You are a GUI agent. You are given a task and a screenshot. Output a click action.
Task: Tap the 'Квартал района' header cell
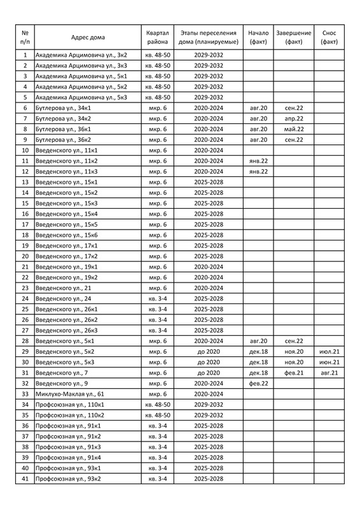pyautogui.click(x=156, y=36)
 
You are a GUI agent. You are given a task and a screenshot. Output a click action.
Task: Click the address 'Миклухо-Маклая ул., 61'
pyautogui.click(x=70, y=394)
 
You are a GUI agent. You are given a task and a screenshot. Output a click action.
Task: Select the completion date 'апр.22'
pyautogui.click(x=294, y=118)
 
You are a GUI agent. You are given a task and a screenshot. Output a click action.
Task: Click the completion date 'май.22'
pyautogui.click(x=294, y=129)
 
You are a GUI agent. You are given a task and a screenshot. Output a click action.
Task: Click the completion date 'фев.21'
pyautogui.click(x=294, y=372)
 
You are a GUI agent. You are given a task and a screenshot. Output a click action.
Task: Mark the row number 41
pyautogui.click(x=25, y=478)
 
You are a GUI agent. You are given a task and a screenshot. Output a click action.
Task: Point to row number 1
pyautogui.click(x=25, y=55)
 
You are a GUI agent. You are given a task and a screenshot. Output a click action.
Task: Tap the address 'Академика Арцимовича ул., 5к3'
pyautogui.click(x=81, y=97)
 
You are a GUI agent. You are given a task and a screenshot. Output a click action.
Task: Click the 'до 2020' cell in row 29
pyautogui.click(x=208, y=351)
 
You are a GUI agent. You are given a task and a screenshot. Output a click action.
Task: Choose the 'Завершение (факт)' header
pyautogui.click(x=294, y=36)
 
